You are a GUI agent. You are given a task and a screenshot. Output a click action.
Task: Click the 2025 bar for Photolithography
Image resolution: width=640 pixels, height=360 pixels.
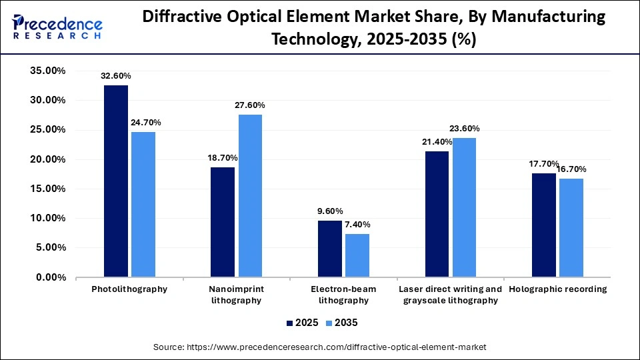pos(116,181)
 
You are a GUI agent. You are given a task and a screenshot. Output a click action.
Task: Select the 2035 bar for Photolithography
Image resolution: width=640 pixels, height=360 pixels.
pos(143,204)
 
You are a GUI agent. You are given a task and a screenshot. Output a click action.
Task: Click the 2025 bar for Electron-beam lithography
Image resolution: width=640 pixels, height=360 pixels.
pos(329,248)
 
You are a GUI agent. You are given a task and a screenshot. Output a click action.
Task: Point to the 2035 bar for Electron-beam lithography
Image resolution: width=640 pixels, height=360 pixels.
pos(357,255)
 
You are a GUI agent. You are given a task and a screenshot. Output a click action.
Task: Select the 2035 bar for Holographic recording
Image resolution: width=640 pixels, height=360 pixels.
pos(571,227)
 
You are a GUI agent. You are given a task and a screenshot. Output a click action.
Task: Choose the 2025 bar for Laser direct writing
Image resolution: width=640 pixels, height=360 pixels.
pos(437,213)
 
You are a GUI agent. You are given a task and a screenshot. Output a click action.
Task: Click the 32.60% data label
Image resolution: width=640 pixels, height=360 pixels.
pos(116,76)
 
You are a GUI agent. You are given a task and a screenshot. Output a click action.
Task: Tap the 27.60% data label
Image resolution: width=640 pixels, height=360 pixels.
pos(250,105)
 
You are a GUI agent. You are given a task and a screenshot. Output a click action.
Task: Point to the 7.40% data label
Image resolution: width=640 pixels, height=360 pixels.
pos(357,224)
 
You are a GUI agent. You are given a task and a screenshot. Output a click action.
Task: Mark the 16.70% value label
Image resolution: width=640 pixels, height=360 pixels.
pos(571,169)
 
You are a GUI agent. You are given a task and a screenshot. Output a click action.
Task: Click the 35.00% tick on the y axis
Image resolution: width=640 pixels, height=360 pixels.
pos(47,71)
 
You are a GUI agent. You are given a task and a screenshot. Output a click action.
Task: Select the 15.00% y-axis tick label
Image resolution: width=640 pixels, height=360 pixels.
pos(47,189)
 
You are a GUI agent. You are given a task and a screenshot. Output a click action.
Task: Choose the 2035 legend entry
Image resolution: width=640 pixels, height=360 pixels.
pos(341,323)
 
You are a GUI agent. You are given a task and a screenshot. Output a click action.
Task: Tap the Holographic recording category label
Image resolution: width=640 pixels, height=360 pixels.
pos(557,289)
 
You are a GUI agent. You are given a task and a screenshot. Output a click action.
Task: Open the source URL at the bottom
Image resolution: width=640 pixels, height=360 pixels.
pos(320,347)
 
